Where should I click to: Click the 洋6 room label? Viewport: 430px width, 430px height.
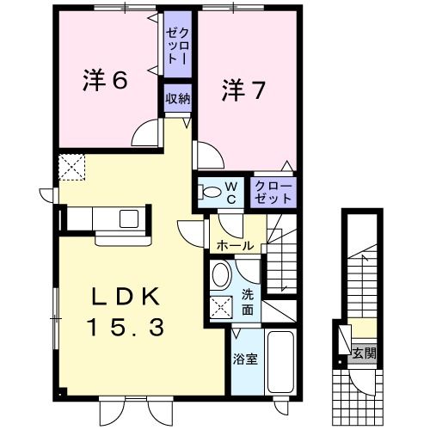(x=107, y=82)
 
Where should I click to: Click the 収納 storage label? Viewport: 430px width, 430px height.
(x=178, y=98)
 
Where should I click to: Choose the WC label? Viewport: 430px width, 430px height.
(x=230, y=189)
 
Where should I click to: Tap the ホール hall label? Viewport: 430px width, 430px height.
(x=235, y=246)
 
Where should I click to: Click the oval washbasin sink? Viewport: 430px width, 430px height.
(x=221, y=276)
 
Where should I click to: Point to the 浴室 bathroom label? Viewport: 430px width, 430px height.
(x=245, y=359)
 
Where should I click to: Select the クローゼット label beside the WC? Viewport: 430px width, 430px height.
(x=273, y=191)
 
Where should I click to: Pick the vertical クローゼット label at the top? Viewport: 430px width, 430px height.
(x=178, y=45)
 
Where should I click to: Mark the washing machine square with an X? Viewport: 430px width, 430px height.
(x=223, y=306)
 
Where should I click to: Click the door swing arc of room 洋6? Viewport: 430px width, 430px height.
(x=148, y=133)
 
